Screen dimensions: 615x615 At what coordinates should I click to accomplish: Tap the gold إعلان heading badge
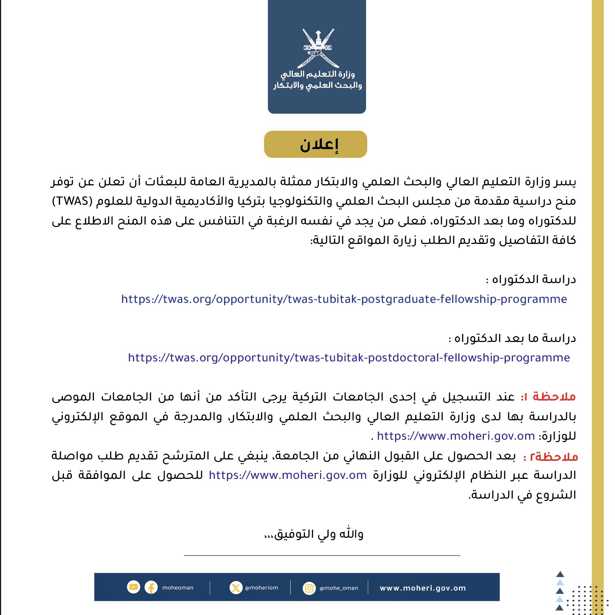[315, 144]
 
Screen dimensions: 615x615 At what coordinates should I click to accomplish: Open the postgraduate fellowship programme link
[344, 299]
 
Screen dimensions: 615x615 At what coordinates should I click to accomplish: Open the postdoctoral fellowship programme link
[349, 358]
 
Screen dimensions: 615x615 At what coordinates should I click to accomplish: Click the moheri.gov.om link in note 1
[456, 436]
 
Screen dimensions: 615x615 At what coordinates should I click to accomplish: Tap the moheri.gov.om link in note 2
[288, 475]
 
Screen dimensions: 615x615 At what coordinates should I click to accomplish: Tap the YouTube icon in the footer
[133, 587]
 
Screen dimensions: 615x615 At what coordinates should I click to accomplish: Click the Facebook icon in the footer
[151, 588]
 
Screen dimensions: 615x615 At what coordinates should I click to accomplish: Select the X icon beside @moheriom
[236, 588]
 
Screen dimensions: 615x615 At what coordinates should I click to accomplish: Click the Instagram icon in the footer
[309, 588]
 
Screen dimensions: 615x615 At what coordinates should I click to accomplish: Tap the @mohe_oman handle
[339, 588]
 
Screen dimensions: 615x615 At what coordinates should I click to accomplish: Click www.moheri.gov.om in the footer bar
[422, 588]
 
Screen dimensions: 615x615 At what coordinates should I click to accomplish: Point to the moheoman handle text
[177, 588]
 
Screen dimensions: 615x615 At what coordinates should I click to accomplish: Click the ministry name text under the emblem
[317, 80]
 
